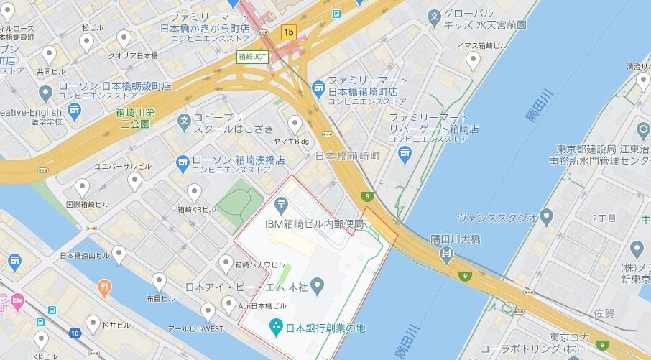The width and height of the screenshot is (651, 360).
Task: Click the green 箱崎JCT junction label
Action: pos(252,56)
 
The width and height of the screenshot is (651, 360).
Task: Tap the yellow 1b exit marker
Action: pos(289,32)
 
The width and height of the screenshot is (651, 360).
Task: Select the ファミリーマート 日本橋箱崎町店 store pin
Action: pos(318,88)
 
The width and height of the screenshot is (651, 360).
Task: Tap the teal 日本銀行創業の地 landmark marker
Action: pos(275,328)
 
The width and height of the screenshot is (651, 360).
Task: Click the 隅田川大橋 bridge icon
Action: pos(446,252)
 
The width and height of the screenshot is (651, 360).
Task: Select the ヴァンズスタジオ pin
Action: pos(548,216)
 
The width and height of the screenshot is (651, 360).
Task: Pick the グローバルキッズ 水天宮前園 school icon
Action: pos(434,16)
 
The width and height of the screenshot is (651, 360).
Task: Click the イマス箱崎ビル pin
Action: pos(473,60)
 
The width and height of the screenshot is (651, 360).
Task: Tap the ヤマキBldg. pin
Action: pos(295,124)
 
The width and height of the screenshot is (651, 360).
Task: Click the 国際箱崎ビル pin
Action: pos(82,188)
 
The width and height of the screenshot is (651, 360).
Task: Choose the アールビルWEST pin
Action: pos(208,312)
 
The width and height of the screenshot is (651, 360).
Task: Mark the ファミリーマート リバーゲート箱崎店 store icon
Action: pos(405,153)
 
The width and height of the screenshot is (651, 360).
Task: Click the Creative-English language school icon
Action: pos(74,111)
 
